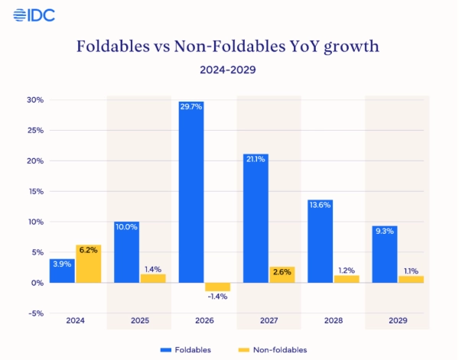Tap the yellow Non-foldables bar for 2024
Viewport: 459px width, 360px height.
89,264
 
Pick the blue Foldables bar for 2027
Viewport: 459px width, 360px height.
256,219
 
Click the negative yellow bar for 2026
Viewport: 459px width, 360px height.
218,287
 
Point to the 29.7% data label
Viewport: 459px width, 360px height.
191,107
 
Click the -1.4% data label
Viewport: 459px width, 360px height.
218,296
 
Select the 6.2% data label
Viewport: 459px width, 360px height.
89,249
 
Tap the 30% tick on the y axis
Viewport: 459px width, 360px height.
35,100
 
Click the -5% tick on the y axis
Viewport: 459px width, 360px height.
35,313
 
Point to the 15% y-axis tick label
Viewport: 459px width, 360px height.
35,192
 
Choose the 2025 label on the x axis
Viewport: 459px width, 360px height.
139,322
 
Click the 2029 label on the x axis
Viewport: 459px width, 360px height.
398,322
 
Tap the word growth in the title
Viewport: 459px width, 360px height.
351,47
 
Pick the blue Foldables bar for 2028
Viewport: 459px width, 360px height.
321,242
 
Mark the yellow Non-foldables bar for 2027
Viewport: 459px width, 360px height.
282,275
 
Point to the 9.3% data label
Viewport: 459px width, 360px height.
385,231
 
